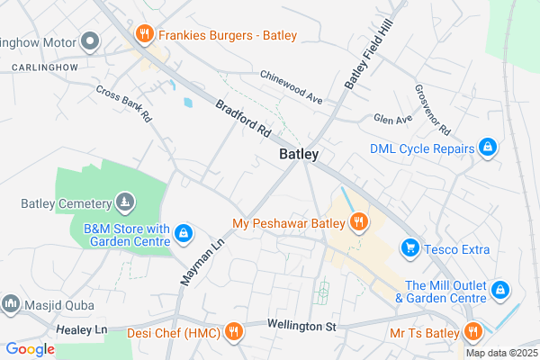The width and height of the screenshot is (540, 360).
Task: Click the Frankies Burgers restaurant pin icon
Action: click(x=143, y=35)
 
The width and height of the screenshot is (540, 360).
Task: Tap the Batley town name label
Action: click(x=299, y=155)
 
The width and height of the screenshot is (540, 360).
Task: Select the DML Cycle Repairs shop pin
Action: click(x=487, y=148)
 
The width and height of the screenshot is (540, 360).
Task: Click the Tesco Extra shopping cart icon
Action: click(x=410, y=247)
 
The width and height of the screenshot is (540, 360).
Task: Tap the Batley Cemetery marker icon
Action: click(x=125, y=202)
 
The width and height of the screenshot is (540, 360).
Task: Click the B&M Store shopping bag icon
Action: click(x=183, y=235)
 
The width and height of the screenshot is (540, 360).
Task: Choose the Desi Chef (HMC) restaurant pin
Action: click(x=233, y=332)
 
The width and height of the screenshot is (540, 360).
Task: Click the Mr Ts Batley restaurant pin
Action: click(x=472, y=332)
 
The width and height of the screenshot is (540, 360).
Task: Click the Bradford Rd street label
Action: click(x=243, y=117)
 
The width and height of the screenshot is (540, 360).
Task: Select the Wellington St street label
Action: click(x=301, y=325)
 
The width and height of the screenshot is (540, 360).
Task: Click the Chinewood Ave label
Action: click(x=290, y=86)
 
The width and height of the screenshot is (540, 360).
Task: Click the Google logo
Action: click(x=30, y=349)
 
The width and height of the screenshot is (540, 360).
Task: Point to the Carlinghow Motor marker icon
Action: click(x=89, y=41)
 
